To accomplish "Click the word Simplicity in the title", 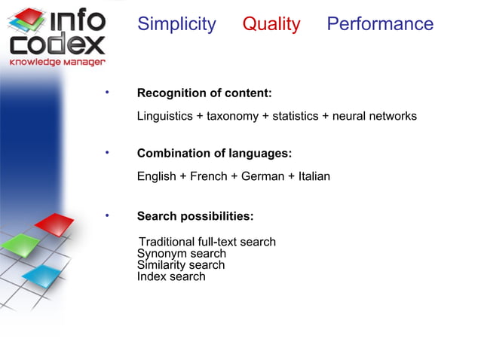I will coord(176,24).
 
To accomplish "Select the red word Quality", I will coord(271,24).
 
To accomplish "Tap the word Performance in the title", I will coord(380,24).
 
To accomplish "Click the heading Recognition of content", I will coord(204,93).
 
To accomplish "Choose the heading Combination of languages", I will coord(214,154).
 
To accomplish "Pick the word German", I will coord(260,177).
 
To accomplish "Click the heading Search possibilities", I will coord(195,217).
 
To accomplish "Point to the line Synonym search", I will coord(181,254).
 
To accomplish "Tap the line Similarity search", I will coord(180,265).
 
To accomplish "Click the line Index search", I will coord(170,276).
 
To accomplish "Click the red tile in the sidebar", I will coord(55,224).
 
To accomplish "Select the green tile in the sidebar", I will coord(20,245).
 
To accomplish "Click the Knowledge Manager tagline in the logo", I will coord(57,62).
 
